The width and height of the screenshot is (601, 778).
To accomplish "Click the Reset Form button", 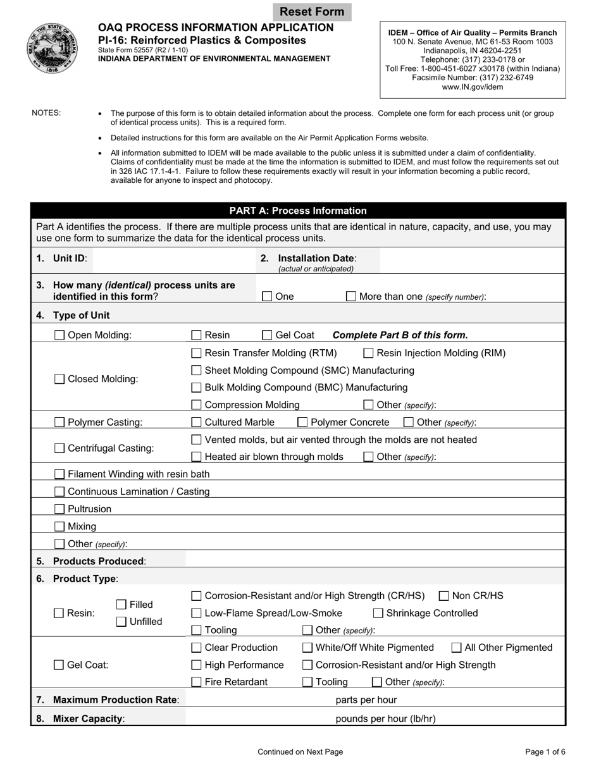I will pos(312,11).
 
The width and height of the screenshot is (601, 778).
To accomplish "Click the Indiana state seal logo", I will pos(53,49).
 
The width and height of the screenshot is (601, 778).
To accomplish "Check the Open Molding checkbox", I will pos(59,335).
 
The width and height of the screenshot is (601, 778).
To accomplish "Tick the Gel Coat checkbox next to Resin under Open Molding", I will pos(267,335).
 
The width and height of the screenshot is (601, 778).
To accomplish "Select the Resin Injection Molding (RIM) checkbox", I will pos(368,353).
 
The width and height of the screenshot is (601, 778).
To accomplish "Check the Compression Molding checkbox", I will pos(197,405).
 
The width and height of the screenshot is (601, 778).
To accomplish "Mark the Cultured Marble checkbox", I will pos(197,422).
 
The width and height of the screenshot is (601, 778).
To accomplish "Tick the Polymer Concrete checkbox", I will pos(302,422).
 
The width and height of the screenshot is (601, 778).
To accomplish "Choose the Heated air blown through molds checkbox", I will pos(197,457).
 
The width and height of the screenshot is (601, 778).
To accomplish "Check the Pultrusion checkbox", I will pos(59,509).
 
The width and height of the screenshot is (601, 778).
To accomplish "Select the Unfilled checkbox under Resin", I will pos(121,622).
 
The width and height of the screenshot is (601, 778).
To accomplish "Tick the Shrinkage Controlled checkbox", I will pos(378,613).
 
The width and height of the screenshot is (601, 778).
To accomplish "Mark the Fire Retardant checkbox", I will pos(197,682).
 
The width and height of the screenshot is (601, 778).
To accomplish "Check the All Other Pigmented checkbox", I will pos(456,648).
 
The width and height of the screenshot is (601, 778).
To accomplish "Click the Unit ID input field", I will pos(171,259).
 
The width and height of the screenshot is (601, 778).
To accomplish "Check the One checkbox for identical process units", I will pos(267,296).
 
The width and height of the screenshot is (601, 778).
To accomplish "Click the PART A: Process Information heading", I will pos(298,211).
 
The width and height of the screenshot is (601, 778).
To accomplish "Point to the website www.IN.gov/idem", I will pos(473,87).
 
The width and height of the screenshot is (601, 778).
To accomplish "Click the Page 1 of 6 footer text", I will pos(545,752).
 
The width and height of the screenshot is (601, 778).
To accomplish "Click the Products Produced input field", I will pos(373,561).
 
